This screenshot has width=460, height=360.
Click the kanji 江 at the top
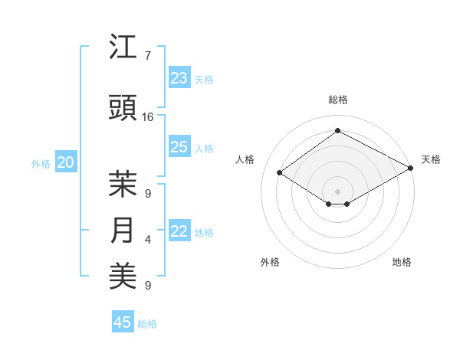pyautogui.click(x=123, y=48)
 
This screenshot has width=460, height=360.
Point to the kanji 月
pyautogui.click(x=123, y=231)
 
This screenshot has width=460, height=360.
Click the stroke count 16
pyautogui.click(x=148, y=116)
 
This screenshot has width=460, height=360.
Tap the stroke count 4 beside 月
pyautogui.click(x=147, y=240)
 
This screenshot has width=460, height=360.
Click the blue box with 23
pyautogui.click(x=179, y=78)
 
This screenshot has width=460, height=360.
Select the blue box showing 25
pyautogui.click(x=179, y=147)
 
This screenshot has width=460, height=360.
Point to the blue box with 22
pyautogui.click(x=179, y=232)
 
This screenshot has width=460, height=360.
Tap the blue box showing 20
pyautogui.click(x=66, y=162)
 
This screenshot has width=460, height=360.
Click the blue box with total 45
pyautogui.click(x=123, y=322)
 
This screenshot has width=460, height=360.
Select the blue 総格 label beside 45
pyautogui.click(x=147, y=324)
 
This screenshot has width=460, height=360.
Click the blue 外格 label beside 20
pyautogui.click(x=41, y=163)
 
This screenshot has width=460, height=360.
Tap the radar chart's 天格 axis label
pyautogui.click(x=431, y=159)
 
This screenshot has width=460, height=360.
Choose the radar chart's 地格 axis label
pyautogui.click(x=402, y=262)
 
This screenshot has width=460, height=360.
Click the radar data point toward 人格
pyautogui.click(x=280, y=173)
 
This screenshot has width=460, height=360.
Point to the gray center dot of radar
pyautogui.click(x=337, y=190)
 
